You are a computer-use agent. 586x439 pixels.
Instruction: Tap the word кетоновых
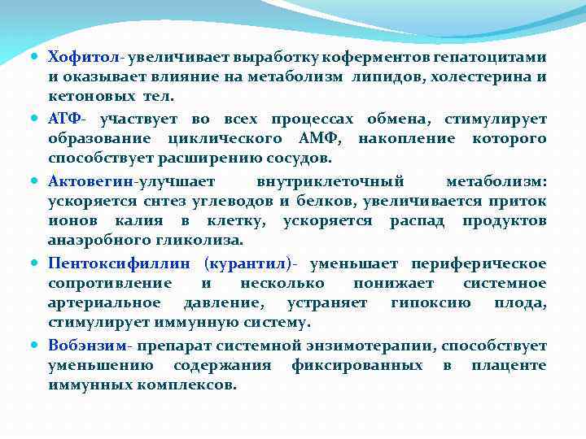[x=86, y=97]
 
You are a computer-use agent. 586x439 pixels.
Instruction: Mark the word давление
[x=218, y=303]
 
